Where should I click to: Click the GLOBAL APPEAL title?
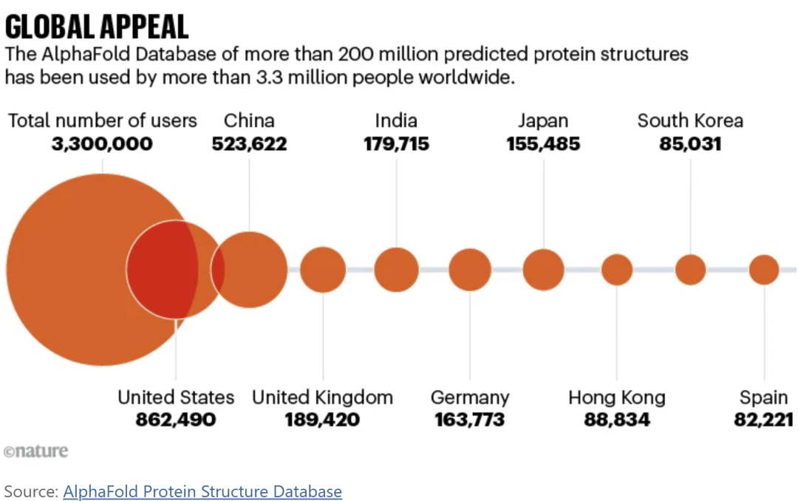(97, 27)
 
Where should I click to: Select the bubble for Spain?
(764, 270)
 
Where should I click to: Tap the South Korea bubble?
(690, 270)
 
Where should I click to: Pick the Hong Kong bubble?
(617, 270)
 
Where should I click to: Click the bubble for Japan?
(544, 270)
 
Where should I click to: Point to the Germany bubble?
(470, 270)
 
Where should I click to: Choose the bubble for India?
(396, 270)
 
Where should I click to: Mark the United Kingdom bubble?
(323, 270)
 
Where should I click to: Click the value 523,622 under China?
(249, 144)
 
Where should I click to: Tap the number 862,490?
(176, 420)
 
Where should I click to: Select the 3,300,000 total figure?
(102, 144)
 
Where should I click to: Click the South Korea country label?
(690, 120)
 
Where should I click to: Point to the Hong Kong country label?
(617, 398)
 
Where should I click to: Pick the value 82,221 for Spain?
(764, 420)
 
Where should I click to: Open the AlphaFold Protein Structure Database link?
(202, 491)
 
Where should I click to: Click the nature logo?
(35, 451)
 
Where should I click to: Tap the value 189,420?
(323, 420)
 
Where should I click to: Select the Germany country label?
(470, 398)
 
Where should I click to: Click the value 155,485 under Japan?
(543, 144)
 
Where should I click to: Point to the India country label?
(396, 120)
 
